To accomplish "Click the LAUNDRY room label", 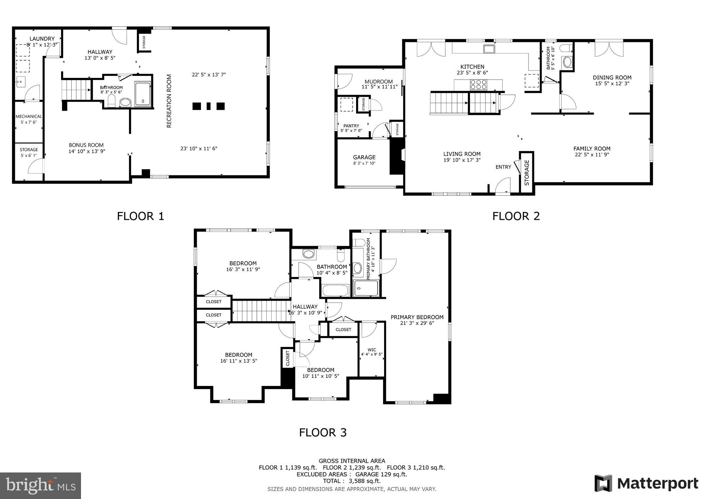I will click(42, 39).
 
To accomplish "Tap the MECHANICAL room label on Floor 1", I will click(29, 116).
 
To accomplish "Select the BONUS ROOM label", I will click(86, 145).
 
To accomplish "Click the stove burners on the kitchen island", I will click(479, 84).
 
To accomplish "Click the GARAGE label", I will click(364, 157).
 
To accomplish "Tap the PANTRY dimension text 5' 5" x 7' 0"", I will click(351, 131).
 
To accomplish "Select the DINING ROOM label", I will click(612, 78).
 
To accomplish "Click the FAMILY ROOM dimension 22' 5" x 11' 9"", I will click(592, 154).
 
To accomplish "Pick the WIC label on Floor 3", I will click(372, 350).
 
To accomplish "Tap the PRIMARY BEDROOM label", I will click(417, 317).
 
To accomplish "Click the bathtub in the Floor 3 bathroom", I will click(335, 290).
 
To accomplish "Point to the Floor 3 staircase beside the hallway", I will click(260, 310).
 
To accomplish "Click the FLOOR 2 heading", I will click(516, 216).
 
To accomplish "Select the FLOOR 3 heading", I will click(322, 432).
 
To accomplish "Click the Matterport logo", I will click(646, 483).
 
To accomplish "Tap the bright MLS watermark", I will click(41, 485).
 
